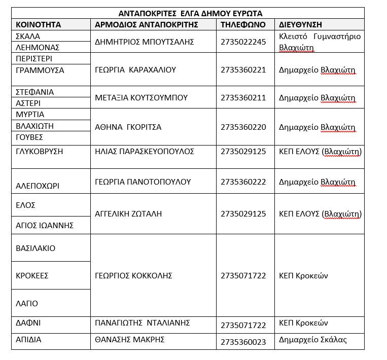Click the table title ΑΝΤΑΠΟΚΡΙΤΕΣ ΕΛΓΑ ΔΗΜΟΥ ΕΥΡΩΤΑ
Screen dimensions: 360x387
[x=190, y=13]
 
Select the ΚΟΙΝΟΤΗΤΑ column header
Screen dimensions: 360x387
[x=39, y=24]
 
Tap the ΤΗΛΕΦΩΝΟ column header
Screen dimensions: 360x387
[x=243, y=24]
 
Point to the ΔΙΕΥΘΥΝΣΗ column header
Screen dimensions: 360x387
[x=300, y=24]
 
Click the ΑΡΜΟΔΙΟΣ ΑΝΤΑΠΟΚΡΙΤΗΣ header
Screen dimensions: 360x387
[x=146, y=24]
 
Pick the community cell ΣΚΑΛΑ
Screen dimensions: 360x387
[x=28, y=36]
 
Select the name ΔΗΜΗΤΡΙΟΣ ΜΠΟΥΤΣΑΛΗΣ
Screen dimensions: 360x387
[x=145, y=42]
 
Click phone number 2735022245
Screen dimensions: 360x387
[x=243, y=42]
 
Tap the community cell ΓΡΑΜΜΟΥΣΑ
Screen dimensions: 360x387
[x=40, y=70]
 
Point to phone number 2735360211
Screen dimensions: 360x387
[x=243, y=97]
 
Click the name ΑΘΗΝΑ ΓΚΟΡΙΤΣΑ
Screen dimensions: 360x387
[x=128, y=127]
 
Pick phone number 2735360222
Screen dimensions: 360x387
[x=243, y=182]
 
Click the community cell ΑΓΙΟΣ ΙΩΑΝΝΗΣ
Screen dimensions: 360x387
[x=45, y=225]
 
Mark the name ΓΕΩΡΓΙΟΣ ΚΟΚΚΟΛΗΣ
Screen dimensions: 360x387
[x=134, y=275]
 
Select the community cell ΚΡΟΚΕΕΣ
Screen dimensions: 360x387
[x=32, y=276]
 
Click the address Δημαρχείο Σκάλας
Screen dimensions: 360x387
[x=313, y=340]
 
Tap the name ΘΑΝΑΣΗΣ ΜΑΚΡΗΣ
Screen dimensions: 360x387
[x=129, y=340]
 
